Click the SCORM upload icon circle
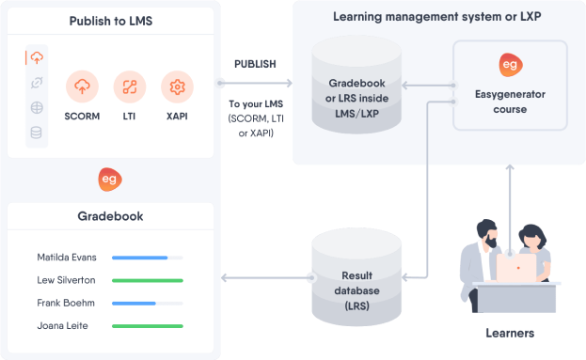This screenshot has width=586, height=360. (x=83, y=87)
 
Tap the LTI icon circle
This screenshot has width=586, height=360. (x=130, y=87)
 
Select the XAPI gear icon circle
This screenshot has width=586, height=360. (x=177, y=87)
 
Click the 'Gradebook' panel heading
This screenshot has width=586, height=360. (x=110, y=216)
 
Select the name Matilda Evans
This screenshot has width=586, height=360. (x=66, y=257)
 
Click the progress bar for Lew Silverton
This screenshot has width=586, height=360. (x=147, y=280)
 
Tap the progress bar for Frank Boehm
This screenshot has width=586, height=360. (x=147, y=304)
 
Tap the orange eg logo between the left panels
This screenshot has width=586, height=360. (x=110, y=179)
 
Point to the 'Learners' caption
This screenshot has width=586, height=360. (x=509, y=334)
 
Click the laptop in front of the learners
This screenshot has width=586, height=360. (x=516, y=269)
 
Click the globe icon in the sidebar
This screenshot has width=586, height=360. (x=37, y=107)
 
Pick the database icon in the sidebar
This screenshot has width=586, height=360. (x=37, y=132)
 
